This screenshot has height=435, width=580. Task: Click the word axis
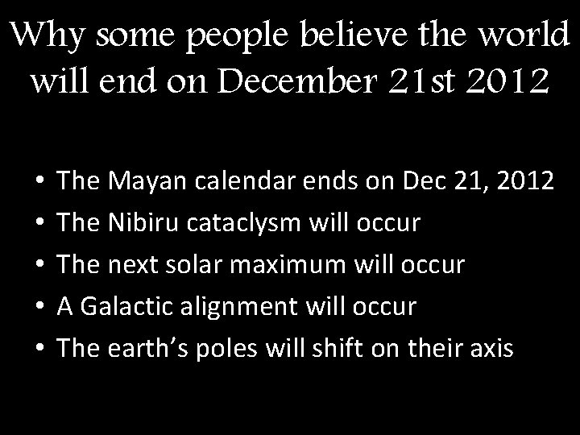point(488,348)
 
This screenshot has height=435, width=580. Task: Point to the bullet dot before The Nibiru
point(40,224)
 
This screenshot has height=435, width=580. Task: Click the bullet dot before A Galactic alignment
point(40,308)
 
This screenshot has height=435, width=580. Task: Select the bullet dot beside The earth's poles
point(40,350)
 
